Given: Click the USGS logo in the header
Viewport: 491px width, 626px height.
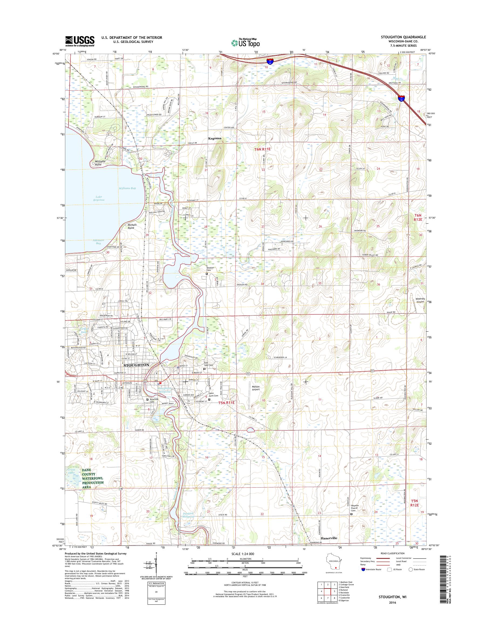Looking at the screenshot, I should tap(80, 41).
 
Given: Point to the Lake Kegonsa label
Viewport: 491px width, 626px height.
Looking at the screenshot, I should tap(98, 198).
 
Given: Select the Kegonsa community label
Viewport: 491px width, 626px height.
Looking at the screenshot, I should tap(215, 138).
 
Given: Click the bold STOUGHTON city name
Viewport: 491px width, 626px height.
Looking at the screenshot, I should tap(136, 365).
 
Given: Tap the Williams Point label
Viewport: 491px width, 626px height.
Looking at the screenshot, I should tap(100, 163).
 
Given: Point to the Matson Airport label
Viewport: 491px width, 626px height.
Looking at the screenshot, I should tap(254, 388).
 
